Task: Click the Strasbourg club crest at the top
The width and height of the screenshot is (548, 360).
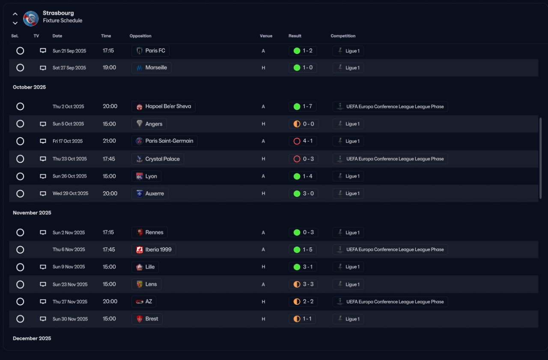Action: (x=31, y=18)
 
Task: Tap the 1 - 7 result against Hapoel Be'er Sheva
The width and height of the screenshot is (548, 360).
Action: (x=303, y=107)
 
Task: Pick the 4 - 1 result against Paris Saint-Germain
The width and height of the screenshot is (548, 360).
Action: (x=303, y=141)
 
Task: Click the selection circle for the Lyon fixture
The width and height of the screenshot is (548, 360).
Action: (x=20, y=176)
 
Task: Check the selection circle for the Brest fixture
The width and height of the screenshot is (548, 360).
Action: (x=20, y=319)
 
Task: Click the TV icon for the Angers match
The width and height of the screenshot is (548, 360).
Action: (x=43, y=124)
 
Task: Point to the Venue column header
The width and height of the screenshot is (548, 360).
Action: (x=266, y=36)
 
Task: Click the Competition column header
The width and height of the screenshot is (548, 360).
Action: (x=343, y=36)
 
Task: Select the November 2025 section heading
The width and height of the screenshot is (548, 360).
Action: (x=32, y=213)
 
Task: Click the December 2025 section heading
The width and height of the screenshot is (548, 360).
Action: (x=32, y=339)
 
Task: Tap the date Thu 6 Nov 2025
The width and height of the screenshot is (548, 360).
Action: (x=68, y=250)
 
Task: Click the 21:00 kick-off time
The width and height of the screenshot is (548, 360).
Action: (x=109, y=141)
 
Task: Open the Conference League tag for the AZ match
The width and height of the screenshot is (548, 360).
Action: (x=390, y=302)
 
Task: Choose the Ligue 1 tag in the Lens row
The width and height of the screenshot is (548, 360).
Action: (x=348, y=285)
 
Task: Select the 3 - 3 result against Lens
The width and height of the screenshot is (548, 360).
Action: (x=303, y=285)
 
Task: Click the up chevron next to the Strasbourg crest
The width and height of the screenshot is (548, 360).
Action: (x=15, y=14)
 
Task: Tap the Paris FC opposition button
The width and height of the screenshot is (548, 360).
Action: (x=150, y=51)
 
